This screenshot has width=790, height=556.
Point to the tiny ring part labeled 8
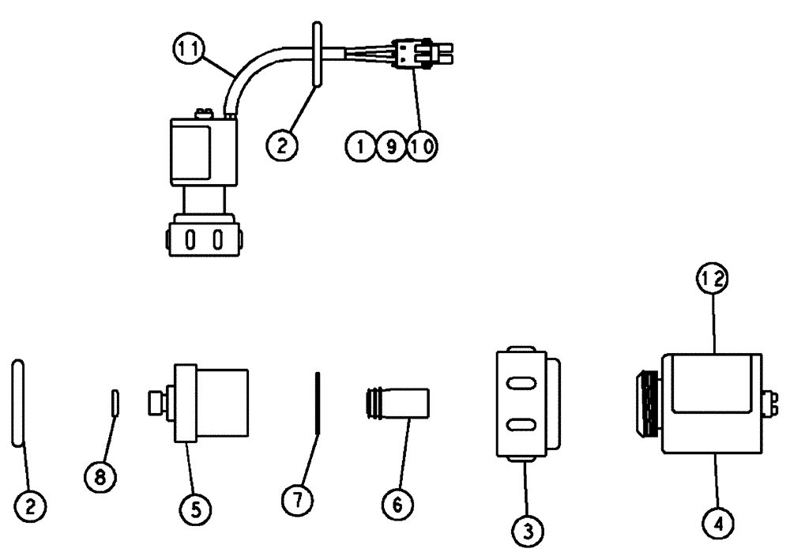(115, 401)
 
